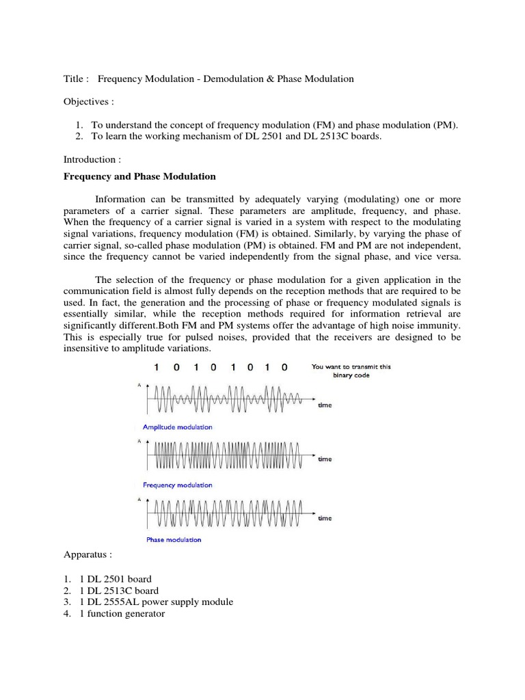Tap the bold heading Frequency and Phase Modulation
(139, 176)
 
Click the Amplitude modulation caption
(177, 427)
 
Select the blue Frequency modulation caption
(177, 485)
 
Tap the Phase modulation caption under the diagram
(174, 540)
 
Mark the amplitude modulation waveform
(226, 399)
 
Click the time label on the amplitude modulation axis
(325, 405)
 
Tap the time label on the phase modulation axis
(325, 519)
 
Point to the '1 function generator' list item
(122, 614)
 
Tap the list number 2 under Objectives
(79, 136)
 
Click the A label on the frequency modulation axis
(139, 442)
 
